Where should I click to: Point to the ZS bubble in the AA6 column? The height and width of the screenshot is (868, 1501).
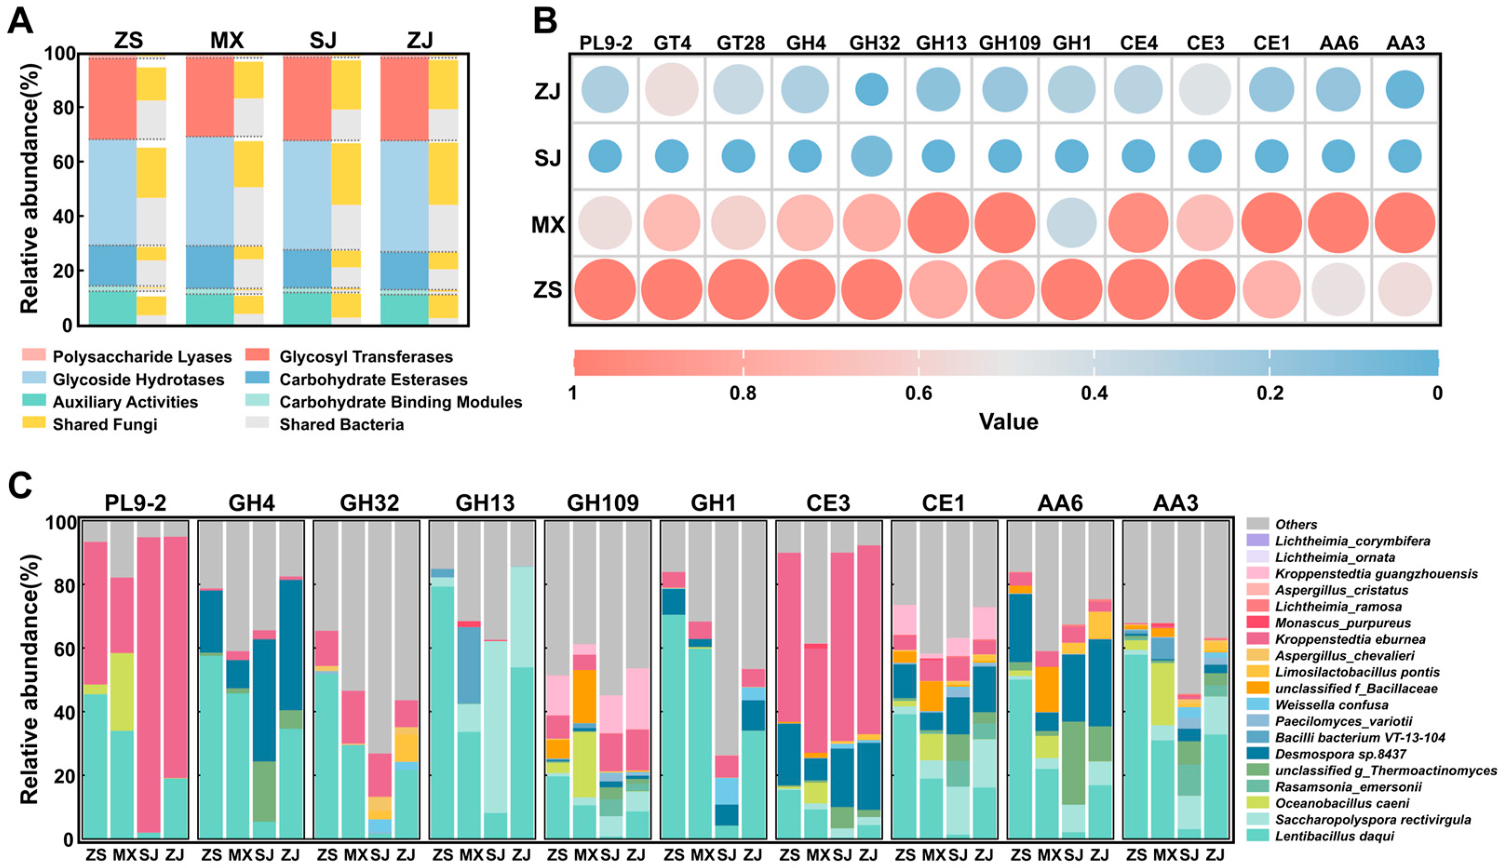[x=1339, y=290]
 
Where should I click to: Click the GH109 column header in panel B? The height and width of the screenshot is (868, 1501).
[x=1010, y=43]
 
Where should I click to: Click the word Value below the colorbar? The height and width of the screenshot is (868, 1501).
[x=1009, y=422]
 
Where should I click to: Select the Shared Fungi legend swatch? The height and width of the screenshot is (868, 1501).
[x=34, y=423]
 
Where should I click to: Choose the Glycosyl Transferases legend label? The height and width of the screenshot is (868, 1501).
[x=366, y=357]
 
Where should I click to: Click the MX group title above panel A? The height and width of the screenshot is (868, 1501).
[x=227, y=40]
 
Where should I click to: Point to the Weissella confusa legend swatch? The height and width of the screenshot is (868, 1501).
[x=1258, y=705]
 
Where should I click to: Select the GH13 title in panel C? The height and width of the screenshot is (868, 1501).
[x=485, y=504]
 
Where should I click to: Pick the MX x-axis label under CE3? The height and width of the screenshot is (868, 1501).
[x=817, y=855]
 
